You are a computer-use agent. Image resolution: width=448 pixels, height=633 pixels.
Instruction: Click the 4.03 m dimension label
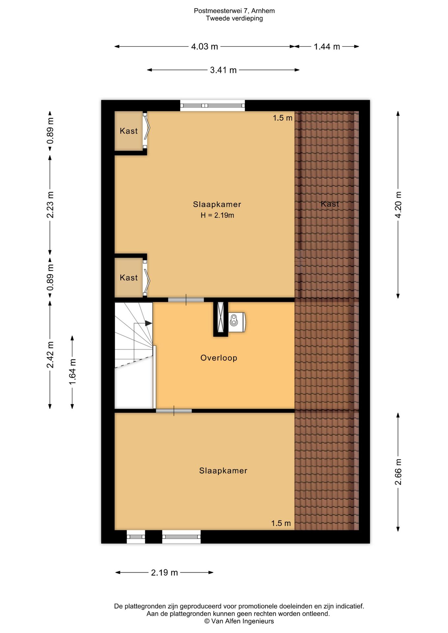205,46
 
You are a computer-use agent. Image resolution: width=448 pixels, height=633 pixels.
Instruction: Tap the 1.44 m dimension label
327,46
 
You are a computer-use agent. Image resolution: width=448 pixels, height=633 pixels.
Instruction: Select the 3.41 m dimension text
223,70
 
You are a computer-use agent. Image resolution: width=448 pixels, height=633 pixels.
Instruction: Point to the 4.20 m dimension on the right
398,204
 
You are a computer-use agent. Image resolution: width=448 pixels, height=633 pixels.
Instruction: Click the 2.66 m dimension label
398,472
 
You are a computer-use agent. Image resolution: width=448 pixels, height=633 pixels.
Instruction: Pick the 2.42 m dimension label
50,354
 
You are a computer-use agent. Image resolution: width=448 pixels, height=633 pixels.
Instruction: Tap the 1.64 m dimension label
72,372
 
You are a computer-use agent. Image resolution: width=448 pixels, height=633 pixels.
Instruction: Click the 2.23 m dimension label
50,204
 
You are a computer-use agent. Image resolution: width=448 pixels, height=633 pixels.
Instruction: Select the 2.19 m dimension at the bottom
164,573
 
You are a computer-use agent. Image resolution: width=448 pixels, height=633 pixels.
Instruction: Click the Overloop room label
219,358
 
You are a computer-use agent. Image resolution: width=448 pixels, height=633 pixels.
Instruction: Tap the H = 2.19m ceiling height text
217,215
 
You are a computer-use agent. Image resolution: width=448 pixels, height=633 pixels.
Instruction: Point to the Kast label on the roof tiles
330,204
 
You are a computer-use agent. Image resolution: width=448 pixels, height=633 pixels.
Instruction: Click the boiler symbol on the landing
237,322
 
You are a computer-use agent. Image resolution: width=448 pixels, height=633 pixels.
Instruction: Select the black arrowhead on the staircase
148,323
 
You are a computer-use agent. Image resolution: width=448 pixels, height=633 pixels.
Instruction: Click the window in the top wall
212,105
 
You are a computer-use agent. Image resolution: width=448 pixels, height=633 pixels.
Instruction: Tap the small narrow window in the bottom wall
136,537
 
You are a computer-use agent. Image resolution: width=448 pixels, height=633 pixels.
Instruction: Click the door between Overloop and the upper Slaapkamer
186,300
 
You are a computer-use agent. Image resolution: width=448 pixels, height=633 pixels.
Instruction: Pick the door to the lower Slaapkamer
174,411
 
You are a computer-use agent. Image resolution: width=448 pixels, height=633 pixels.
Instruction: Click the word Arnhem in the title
263,11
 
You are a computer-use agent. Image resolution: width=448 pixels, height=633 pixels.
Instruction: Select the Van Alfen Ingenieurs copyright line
239,621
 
